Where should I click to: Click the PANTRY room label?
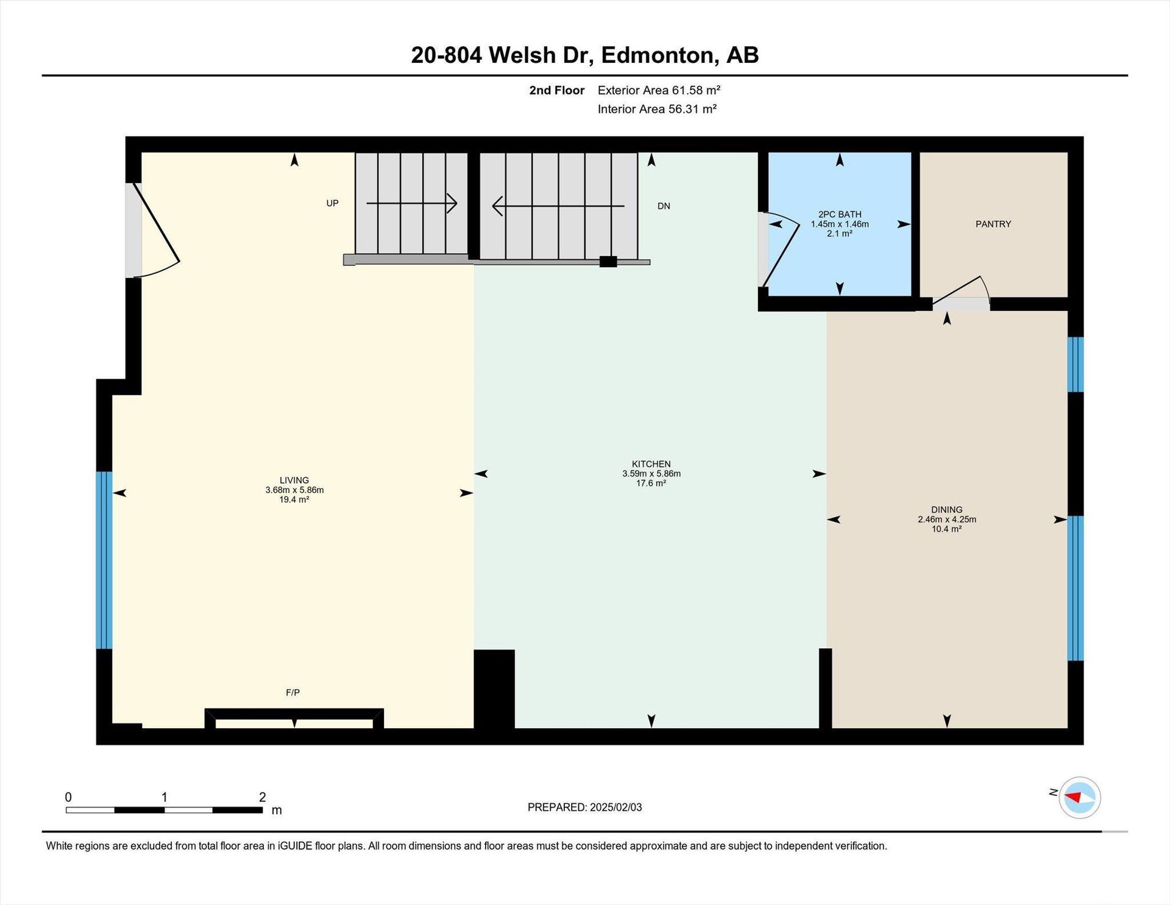click(x=993, y=224)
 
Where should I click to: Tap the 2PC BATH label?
click(x=840, y=214)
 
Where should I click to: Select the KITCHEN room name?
click(x=651, y=464)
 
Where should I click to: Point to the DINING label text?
click(x=947, y=510)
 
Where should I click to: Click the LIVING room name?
click(x=294, y=481)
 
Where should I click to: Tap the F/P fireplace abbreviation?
click(x=292, y=692)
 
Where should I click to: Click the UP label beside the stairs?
click(x=332, y=203)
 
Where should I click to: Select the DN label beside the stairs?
click(x=664, y=206)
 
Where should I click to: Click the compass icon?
click(x=1080, y=797)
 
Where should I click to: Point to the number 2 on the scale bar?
click(x=263, y=797)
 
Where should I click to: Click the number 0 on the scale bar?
click(x=68, y=797)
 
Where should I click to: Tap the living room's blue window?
click(x=104, y=560)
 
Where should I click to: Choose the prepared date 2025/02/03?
click(x=616, y=807)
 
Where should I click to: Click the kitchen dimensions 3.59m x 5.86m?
click(x=651, y=474)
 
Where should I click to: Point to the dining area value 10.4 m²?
click(x=947, y=529)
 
